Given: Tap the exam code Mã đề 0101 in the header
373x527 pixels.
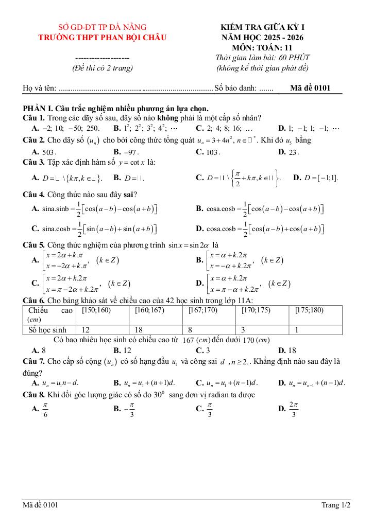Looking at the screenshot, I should tap(310, 88).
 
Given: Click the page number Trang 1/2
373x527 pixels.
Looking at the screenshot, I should tap(336, 505).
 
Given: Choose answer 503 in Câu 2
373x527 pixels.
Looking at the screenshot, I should tap(49, 152).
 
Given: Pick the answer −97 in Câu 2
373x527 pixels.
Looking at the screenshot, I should tap(132, 152).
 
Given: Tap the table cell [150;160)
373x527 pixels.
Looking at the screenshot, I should tap(96, 310).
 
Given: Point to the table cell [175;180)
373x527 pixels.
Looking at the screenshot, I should tap(309, 310).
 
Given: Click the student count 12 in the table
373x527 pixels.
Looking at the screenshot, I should tap(86, 329).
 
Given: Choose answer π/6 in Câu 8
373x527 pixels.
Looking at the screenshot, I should tap(46, 410).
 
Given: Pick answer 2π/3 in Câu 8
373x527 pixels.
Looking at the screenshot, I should tap(294, 410).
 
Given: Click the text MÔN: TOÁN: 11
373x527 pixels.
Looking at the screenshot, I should tap(263, 47).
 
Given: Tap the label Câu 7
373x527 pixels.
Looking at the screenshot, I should tap(34, 361).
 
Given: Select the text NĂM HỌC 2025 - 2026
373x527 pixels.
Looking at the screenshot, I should tap(263, 37).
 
